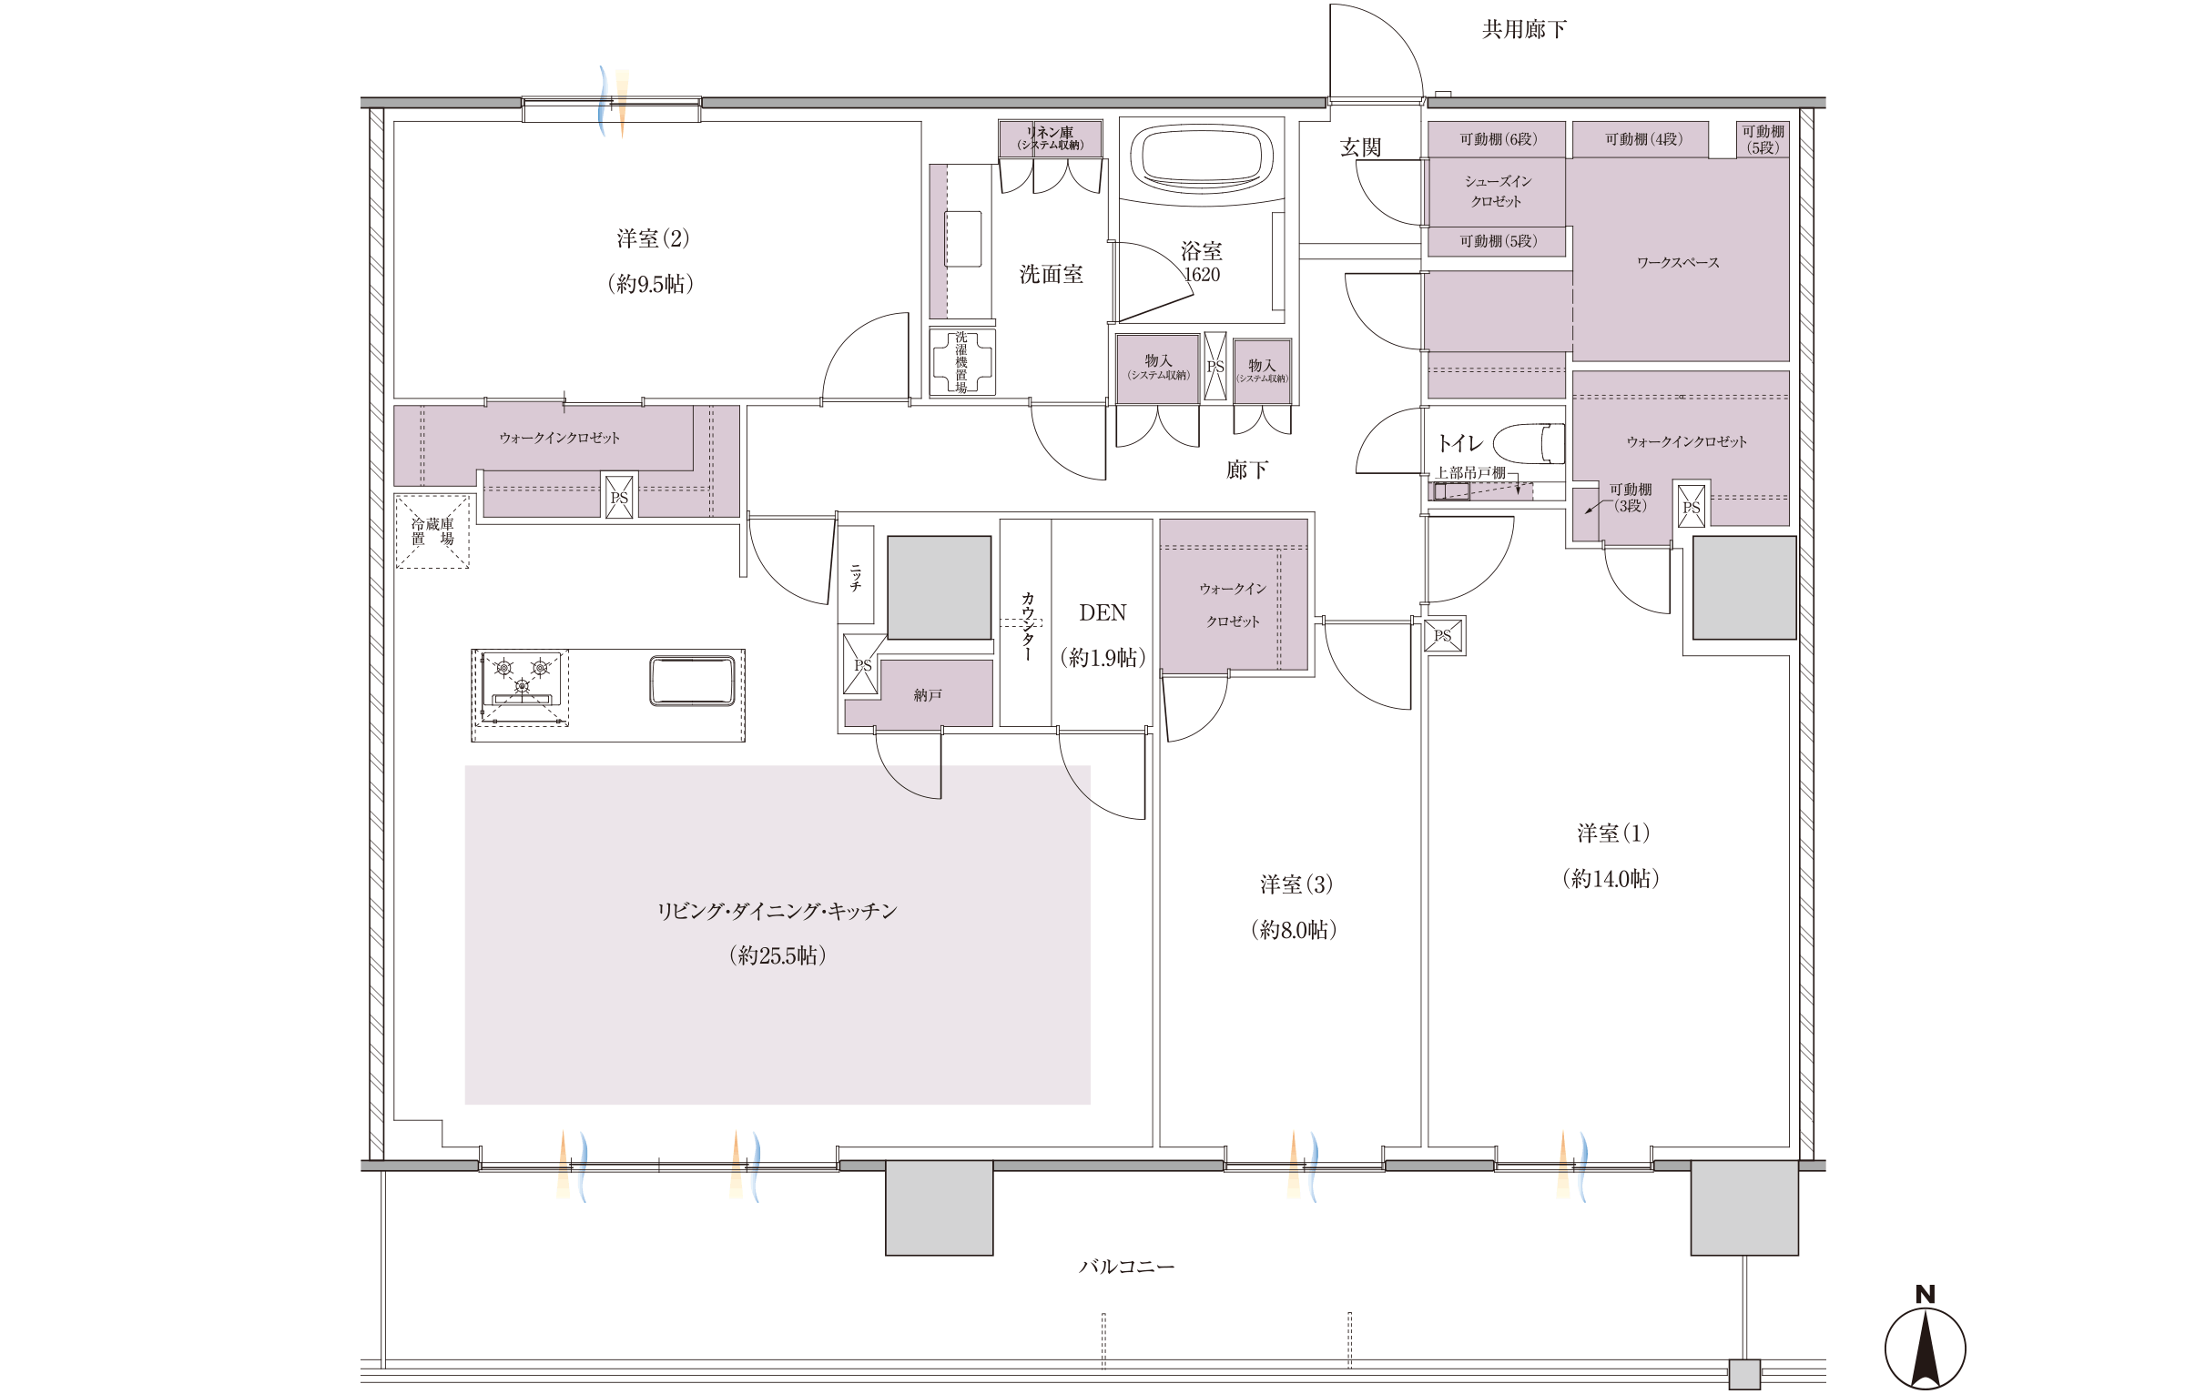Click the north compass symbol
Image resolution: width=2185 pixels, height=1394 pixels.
click(1925, 1339)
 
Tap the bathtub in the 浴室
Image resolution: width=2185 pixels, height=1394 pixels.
click(1202, 157)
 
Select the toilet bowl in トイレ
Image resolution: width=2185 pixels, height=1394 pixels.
click(1529, 444)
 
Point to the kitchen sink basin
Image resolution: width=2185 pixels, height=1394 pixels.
click(692, 681)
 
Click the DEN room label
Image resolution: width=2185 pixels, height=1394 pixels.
click(1103, 613)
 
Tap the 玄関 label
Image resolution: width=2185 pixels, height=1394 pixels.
click(1360, 147)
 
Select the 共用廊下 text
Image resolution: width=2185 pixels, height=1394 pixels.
click(1524, 30)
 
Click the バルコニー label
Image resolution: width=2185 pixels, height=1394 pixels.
click(1126, 1267)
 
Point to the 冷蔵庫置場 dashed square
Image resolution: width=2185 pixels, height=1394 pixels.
click(432, 531)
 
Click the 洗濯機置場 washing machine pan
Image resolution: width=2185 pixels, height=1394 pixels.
click(962, 361)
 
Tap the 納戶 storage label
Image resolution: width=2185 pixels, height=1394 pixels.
click(928, 695)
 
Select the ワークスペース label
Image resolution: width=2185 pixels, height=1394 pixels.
click(1678, 263)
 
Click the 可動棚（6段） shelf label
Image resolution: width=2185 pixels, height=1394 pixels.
click(1498, 139)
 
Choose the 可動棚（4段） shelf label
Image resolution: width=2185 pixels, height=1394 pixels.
click(1643, 139)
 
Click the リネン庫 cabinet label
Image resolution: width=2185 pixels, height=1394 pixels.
click(1051, 133)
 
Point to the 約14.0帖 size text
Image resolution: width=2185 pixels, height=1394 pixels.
click(1611, 879)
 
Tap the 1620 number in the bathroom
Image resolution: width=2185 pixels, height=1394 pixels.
click(1202, 275)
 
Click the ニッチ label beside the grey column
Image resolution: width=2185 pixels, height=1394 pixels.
click(856, 578)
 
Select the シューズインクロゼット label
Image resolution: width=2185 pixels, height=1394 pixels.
click(1498, 191)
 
